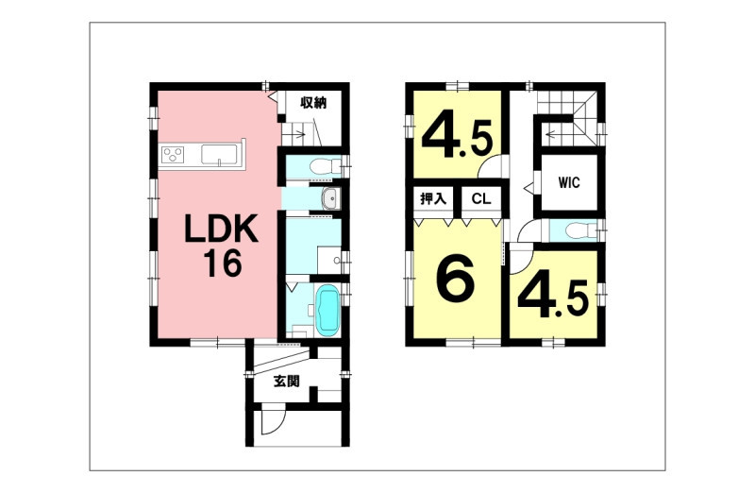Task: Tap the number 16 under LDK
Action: pos(222,263)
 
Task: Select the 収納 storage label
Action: pos(314,103)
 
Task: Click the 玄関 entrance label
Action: pos(287,382)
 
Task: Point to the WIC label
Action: pos(569,182)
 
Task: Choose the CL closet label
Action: pos(481,198)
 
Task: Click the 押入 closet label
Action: pos(433,198)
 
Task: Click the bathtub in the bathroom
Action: pos(327,311)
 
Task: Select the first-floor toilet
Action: pos(322,167)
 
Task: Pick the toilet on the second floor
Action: pos(580,230)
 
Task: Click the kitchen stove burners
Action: pos(173,156)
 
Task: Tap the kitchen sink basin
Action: pos(219,155)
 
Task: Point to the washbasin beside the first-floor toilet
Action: pos(330,198)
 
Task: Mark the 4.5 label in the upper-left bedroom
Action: pos(458,138)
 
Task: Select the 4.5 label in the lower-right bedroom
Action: pos(553,298)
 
